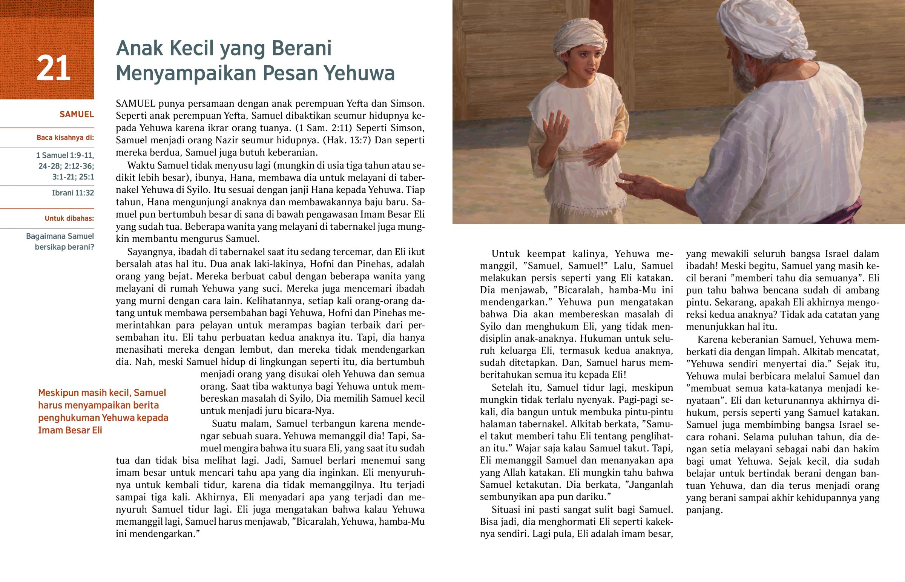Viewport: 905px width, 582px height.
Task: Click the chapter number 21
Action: coord(53,68)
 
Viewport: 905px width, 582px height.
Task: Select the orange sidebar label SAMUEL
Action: coord(77,114)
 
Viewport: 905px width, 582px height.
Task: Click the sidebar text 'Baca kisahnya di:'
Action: coord(65,138)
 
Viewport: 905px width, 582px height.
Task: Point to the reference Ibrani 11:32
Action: coord(73,193)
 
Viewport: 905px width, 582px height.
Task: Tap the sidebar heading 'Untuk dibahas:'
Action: coord(69,218)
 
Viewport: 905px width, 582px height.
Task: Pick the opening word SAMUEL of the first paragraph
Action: coord(136,104)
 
